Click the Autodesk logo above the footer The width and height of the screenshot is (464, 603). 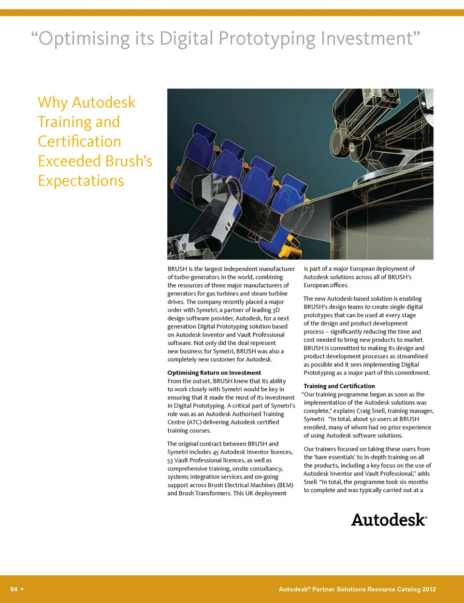389,520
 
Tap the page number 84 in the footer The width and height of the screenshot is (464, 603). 14,589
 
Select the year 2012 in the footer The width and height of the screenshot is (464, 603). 429,589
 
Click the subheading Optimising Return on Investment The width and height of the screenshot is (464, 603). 214,373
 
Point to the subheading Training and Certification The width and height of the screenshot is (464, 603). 339,386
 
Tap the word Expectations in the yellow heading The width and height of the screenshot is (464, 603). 81,180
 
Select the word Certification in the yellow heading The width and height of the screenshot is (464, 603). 79,141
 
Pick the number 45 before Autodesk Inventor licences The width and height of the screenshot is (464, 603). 216,452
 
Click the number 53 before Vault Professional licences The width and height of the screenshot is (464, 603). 171,460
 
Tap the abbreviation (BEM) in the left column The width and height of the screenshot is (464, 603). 285,485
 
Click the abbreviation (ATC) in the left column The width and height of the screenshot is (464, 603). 195,422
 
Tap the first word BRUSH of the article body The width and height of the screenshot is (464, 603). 177,269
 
